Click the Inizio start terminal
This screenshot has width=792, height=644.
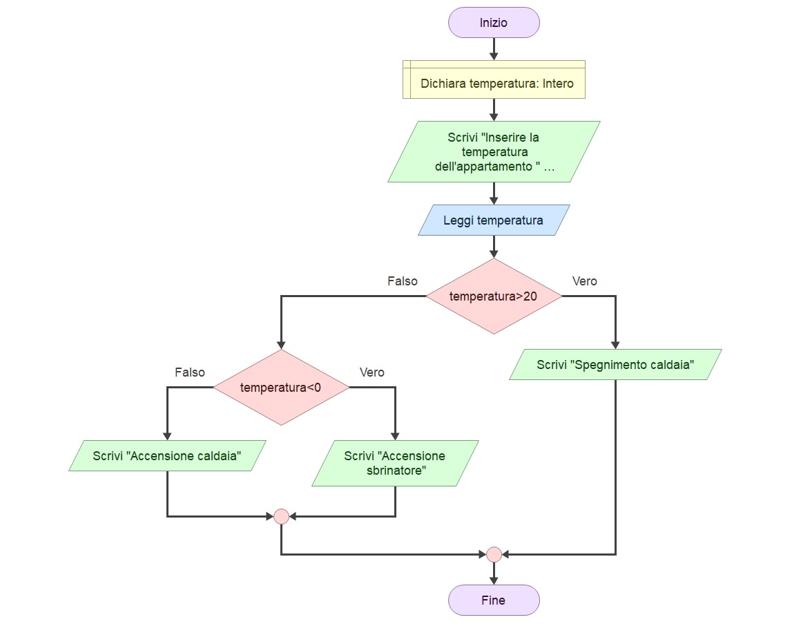494,23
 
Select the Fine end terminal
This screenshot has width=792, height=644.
494,600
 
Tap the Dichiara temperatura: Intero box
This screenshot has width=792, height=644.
494,79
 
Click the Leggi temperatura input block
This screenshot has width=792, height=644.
494,220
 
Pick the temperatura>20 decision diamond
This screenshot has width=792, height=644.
494,296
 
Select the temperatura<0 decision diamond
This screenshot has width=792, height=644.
281,387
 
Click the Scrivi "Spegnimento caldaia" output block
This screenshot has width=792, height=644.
615,364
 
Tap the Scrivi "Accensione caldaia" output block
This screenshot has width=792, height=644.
167,455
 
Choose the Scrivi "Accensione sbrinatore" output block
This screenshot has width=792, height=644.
395,463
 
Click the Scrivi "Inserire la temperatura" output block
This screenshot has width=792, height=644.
494,151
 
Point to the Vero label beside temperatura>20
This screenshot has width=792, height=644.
584,281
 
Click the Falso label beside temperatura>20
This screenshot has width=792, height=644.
403,281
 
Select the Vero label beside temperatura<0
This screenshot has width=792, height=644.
371,372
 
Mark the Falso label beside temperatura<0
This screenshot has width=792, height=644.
190,372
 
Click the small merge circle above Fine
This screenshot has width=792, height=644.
494,555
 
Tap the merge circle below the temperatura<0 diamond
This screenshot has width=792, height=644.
281,517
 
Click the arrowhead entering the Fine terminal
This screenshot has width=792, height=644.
494,581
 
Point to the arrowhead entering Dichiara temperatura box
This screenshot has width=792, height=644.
494,56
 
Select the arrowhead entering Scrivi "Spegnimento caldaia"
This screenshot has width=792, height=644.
615,345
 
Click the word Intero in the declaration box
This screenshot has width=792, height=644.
558,84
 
